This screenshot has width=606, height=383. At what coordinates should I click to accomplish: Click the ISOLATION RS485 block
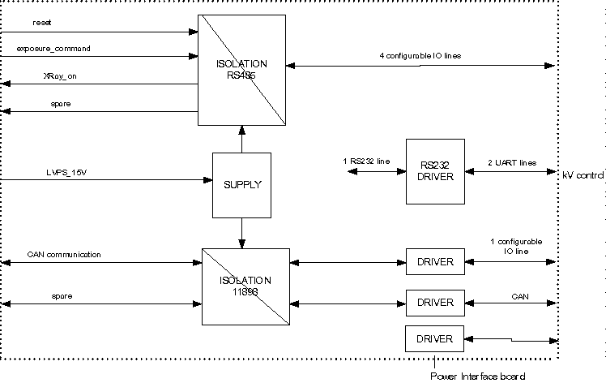click(x=241, y=70)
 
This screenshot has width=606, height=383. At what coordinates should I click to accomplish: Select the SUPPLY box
click(x=241, y=184)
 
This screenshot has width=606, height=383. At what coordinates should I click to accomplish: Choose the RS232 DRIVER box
click(x=435, y=171)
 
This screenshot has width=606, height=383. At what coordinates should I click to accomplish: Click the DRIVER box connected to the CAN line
click(x=435, y=302)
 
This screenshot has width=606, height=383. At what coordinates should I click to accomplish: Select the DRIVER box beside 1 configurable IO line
click(x=435, y=263)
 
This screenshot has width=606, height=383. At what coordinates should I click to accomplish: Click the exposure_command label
click(x=53, y=49)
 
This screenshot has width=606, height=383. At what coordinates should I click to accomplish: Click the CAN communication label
click(x=64, y=255)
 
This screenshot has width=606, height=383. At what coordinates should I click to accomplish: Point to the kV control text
click(x=583, y=174)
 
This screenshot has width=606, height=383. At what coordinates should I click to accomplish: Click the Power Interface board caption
click(x=478, y=376)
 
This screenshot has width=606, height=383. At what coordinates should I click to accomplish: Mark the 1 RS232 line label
click(x=366, y=162)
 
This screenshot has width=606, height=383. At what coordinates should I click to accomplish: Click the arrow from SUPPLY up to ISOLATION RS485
click(x=241, y=139)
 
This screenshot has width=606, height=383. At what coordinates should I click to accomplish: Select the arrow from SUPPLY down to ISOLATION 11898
click(x=241, y=233)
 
